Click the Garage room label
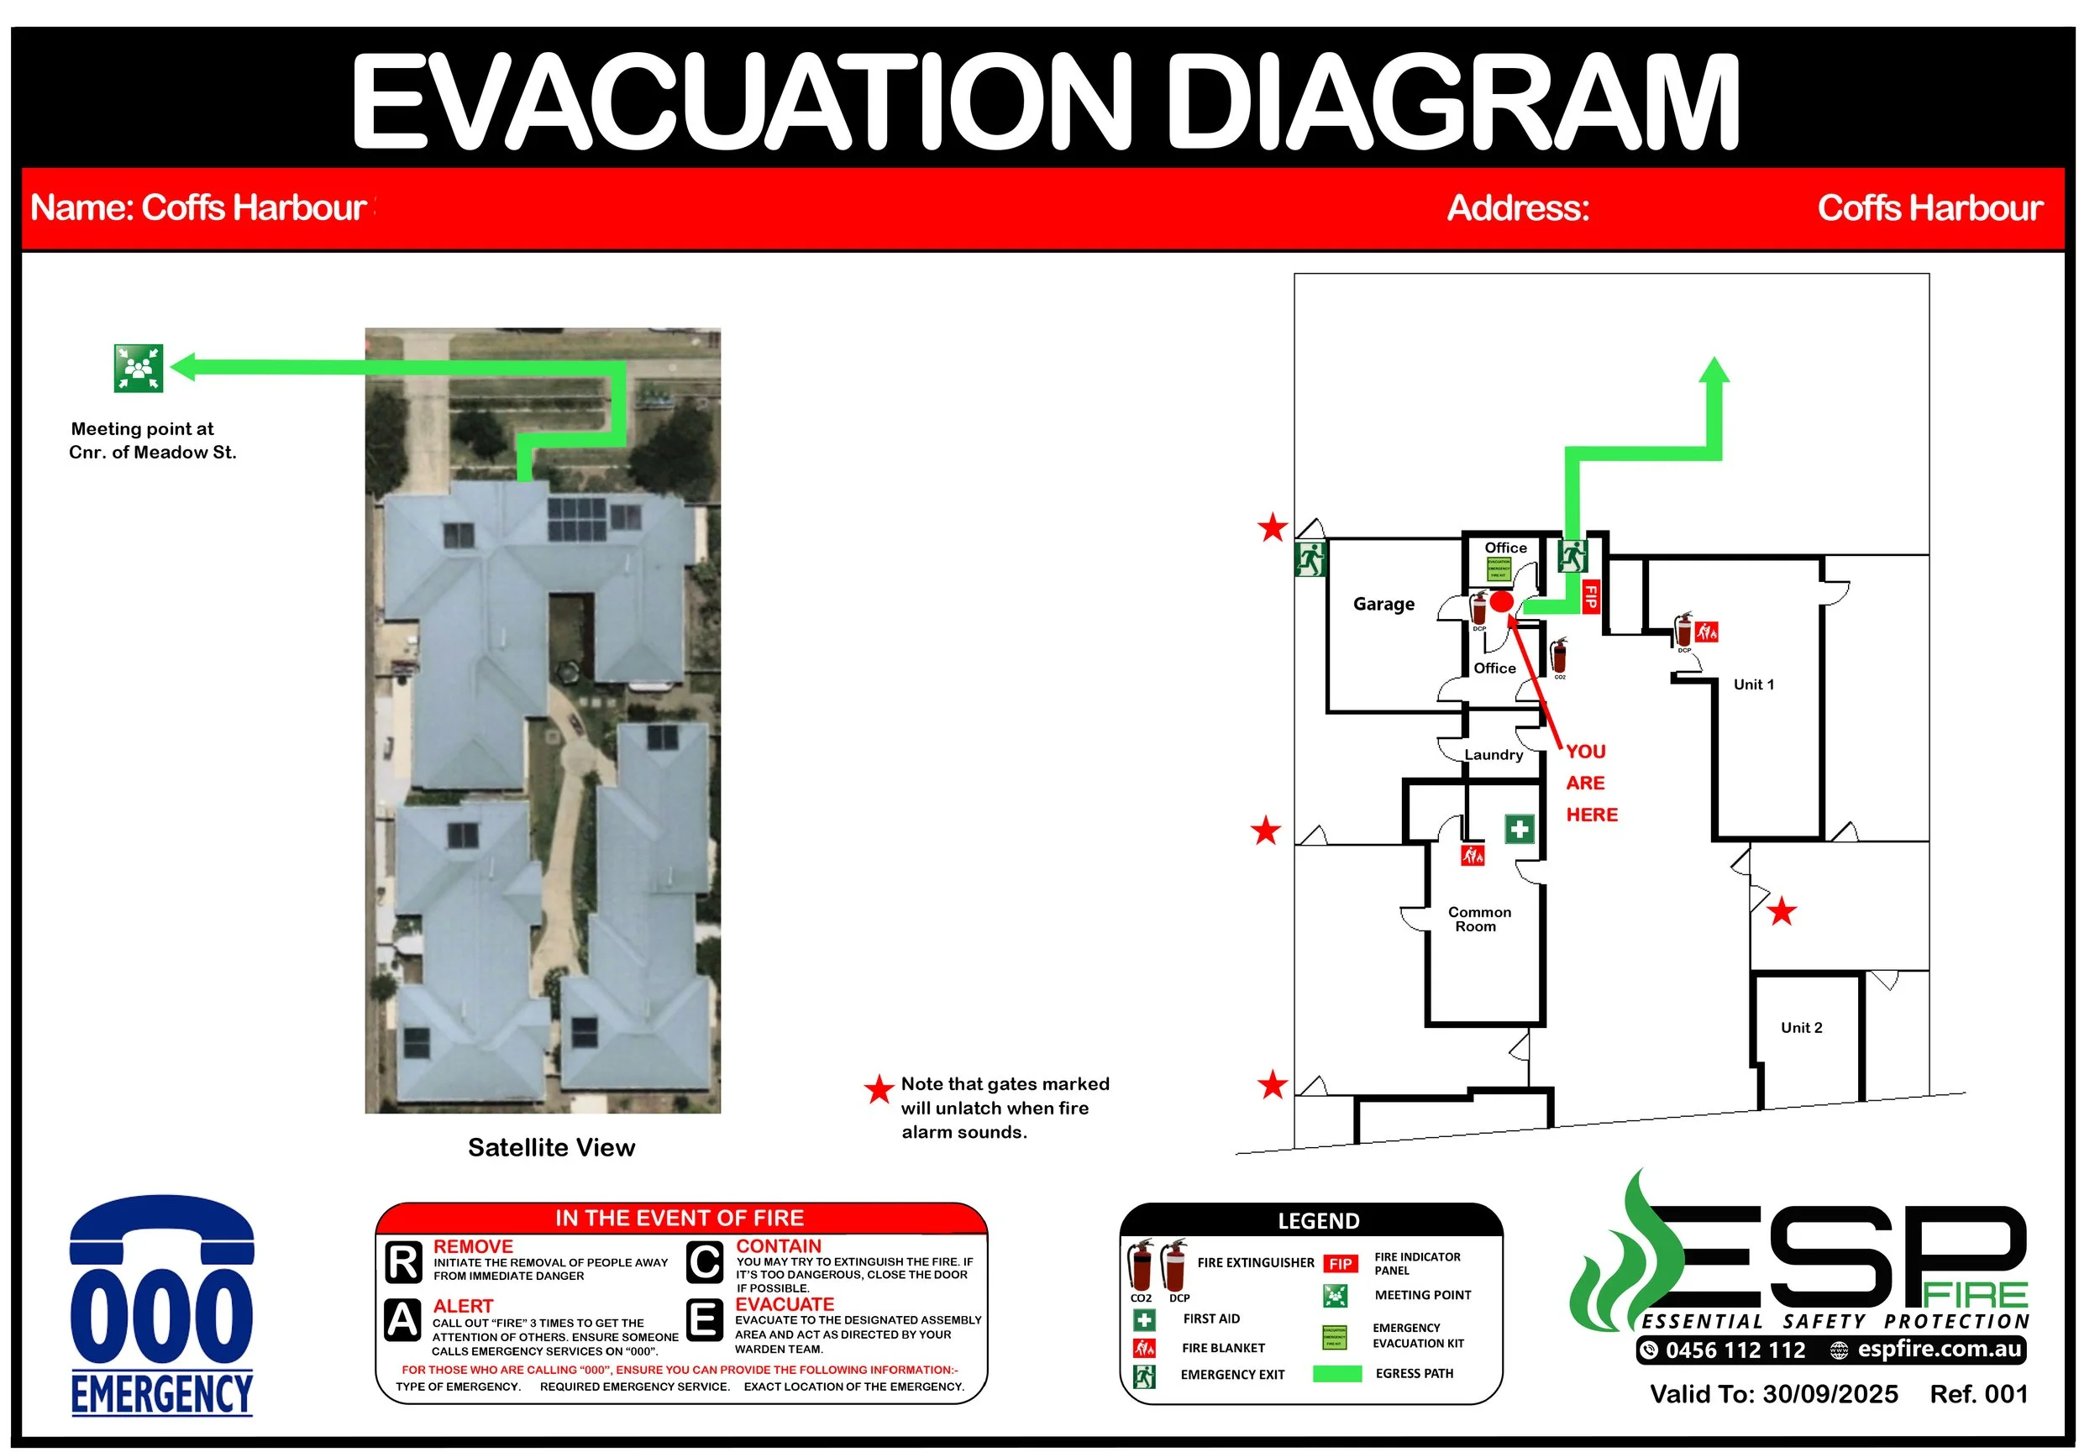pyautogui.click(x=1383, y=604)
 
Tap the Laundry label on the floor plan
pyautogui.click(x=1494, y=754)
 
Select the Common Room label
pyautogui.click(x=1478, y=919)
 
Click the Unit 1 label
pyautogui.click(x=1752, y=684)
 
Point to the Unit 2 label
pyautogui.click(x=1801, y=1027)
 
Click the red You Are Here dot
pyautogui.click(x=1500, y=601)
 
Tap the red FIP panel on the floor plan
pyautogui.click(x=1589, y=597)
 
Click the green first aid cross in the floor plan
pyautogui.click(x=1518, y=829)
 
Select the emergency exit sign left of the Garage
pyautogui.click(x=1310, y=559)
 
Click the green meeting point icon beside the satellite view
pyautogui.click(x=139, y=369)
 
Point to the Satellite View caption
pyautogui.click(x=550, y=1147)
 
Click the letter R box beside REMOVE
pyautogui.click(x=402, y=1262)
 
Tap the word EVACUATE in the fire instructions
pyautogui.click(x=784, y=1303)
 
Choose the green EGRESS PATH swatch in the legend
pyautogui.click(x=1336, y=1373)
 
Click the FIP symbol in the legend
pyautogui.click(x=1339, y=1264)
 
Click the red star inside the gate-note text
pyautogui.click(x=878, y=1089)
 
